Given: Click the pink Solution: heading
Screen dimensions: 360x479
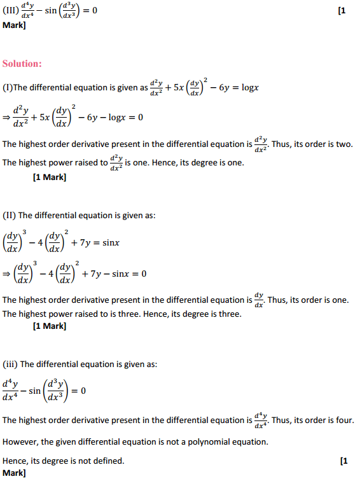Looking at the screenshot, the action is click(22, 64).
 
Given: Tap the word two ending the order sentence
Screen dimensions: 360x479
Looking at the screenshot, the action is click(341, 144).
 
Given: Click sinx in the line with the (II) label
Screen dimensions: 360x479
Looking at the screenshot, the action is click(111, 243).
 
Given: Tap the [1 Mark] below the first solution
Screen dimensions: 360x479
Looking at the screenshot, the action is click(49, 177).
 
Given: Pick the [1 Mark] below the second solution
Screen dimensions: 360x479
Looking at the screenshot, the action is click(49, 326).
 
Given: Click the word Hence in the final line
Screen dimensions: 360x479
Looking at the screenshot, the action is click(15, 460).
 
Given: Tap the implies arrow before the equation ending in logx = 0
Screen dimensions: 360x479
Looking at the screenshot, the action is click(6, 118).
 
